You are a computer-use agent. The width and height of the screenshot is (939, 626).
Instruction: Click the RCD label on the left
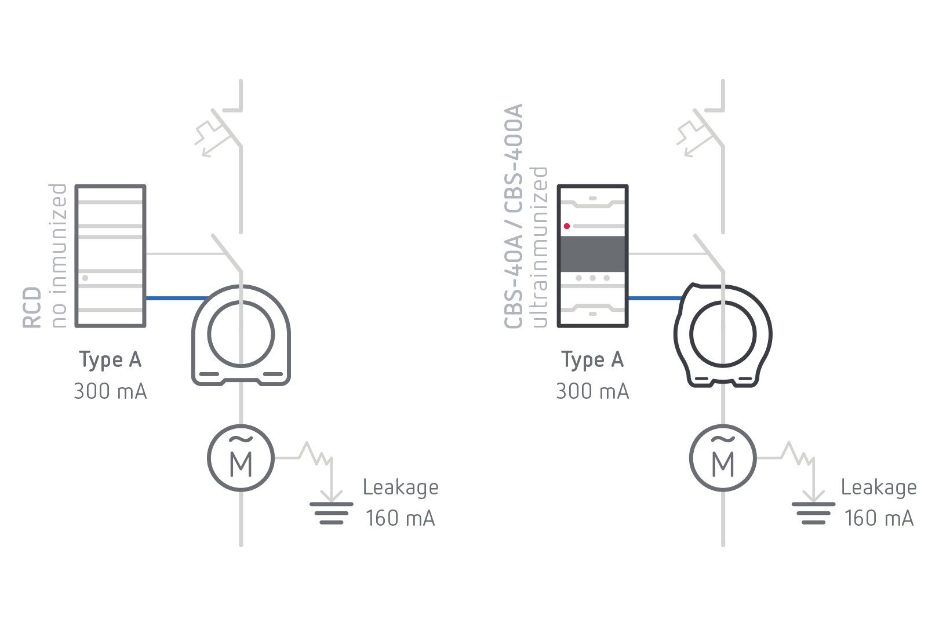32,307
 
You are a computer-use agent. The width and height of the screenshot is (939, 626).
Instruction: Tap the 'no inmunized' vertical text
58,256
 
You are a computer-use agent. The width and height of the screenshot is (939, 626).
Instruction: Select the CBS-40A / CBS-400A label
514,216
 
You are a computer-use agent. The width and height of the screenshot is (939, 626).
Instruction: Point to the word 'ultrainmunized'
539,247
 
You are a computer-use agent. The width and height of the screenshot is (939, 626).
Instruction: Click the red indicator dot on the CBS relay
567,226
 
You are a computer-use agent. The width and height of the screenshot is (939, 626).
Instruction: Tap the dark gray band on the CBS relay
592,253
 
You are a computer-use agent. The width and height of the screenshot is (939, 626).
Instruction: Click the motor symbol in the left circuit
241,458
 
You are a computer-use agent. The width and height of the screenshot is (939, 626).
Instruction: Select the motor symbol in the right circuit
723,458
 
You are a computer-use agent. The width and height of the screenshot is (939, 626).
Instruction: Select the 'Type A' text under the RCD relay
110,361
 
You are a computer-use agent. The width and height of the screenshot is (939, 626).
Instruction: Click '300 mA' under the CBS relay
592,391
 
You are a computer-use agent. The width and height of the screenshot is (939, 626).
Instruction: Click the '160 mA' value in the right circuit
879,518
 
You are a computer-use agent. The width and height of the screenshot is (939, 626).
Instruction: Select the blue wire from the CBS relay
655,299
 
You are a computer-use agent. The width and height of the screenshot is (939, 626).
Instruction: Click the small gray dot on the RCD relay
85,278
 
